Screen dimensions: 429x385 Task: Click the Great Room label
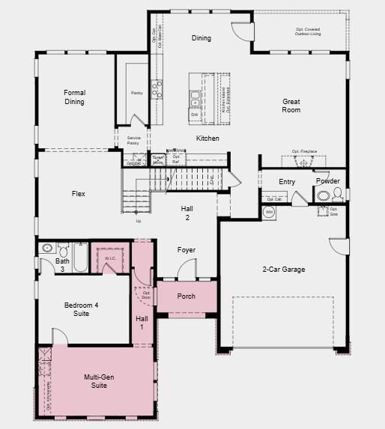(x=291, y=106)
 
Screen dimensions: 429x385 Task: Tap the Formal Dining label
(x=74, y=97)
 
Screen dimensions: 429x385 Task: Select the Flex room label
(x=78, y=194)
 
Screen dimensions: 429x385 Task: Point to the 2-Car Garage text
(x=283, y=270)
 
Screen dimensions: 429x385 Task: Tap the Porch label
(x=186, y=296)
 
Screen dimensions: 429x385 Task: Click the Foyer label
(x=187, y=250)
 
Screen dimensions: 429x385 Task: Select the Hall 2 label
(x=188, y=213)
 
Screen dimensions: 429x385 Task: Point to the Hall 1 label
(x=142, y=323)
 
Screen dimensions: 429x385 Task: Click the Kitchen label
(x=207, y=139)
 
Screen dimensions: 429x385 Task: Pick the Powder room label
(x=327, y=181)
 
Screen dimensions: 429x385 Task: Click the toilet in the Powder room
(x=337, y=195)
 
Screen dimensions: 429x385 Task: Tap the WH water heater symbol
(x=270, y=212)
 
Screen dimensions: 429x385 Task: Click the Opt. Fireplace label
(x=304, y=152)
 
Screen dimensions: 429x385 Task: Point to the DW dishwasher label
(x=194, y=114)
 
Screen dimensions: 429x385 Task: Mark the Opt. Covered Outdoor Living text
(x=307, y=31)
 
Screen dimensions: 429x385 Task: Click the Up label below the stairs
(x=138, y=221)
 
